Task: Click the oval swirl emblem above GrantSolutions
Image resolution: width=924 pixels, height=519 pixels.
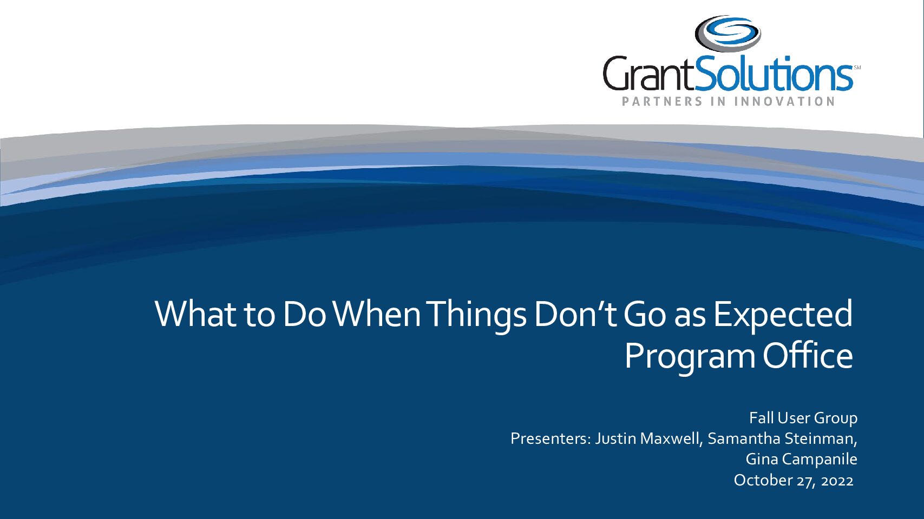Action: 728,34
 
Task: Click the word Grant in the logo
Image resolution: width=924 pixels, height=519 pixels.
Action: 649,74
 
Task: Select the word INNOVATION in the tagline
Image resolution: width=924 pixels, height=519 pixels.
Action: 785,101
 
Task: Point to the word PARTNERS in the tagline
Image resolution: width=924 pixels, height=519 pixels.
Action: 662,101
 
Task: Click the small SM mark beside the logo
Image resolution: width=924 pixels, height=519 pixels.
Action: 857,68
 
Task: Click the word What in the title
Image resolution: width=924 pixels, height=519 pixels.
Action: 195,314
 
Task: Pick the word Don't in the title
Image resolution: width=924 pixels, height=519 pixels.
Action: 575,314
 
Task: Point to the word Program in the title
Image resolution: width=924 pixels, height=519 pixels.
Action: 690,358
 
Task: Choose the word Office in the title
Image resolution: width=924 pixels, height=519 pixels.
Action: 808,355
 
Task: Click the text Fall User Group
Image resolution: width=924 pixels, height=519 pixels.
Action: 803,418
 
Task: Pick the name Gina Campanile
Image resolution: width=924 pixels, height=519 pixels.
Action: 802,460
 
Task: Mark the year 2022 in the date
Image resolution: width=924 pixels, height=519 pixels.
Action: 837,481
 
